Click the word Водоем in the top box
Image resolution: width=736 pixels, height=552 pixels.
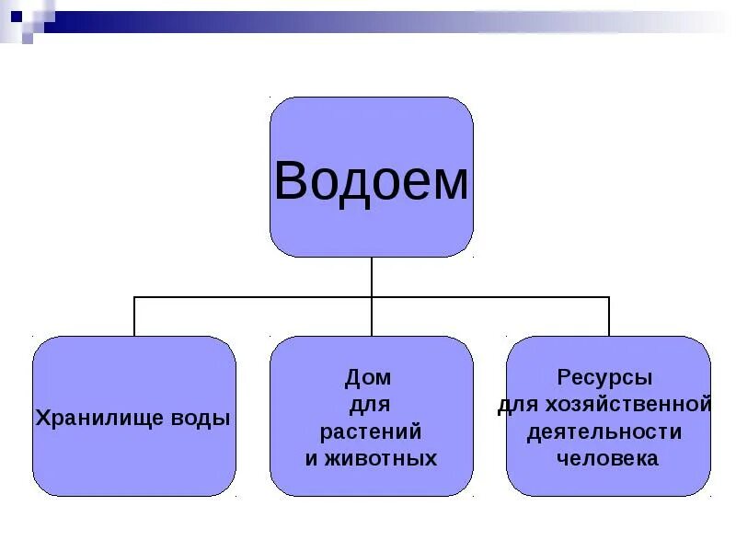click(x=371, y=180)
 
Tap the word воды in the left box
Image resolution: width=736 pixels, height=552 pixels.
click(x=201, y=418)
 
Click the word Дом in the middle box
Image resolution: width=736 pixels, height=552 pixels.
click(x=368, y=377)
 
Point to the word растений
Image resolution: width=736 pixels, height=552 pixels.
click(x=371, y=431)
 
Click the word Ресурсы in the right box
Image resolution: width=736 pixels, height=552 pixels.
click(x=604, y=378)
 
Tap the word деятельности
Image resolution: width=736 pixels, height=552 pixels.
click(x=604, y=431)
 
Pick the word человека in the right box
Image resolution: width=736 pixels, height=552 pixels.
click(x=607, y=458)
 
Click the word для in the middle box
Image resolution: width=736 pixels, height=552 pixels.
click(x=370, y=405)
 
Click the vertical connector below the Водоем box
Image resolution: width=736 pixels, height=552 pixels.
click(x=372, y=276)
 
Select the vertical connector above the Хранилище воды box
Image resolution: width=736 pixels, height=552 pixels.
click(x=134, y=316)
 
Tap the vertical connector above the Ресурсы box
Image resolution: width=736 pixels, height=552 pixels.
click(x=609, y=316)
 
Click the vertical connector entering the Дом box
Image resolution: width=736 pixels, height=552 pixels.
click(x=372, y=318)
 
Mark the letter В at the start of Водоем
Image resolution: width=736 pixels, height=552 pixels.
click(x=289, y=180)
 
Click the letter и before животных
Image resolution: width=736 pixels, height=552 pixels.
click(x=311, y=458)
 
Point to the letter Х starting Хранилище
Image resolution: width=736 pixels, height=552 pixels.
click(x=42, y=418)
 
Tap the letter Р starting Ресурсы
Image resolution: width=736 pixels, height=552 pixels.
click(x=564, y=378)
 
